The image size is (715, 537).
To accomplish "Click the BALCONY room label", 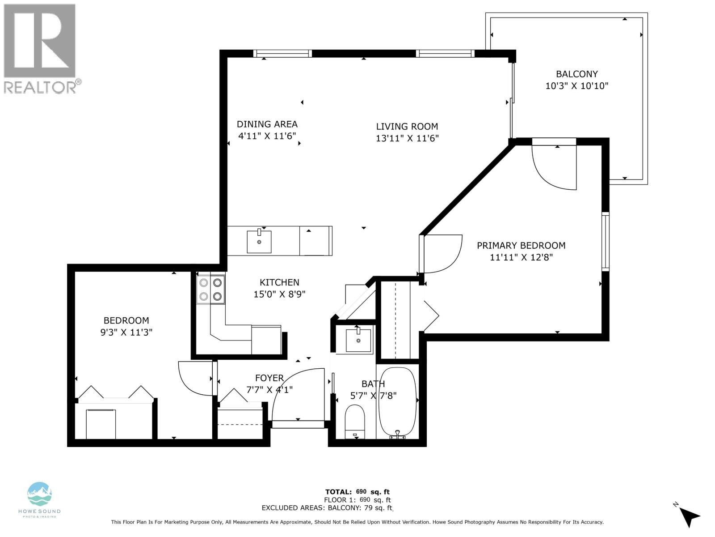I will click(x=576, y=74).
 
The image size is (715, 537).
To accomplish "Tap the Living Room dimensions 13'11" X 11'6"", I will click(x=407, y=138).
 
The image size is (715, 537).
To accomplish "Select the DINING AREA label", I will click(x=267, y=124).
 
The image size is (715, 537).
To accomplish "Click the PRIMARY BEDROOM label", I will click(x=521, y=245).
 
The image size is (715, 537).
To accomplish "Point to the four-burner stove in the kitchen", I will click(x=211, y=289).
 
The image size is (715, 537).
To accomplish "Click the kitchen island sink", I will click(x=259, y=242).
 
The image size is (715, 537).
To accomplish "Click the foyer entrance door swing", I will click(x=297, y=394).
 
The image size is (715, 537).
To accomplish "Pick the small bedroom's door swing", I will click(x=195, y=378).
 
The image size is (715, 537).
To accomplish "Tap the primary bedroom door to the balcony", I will click(x=554, y=166).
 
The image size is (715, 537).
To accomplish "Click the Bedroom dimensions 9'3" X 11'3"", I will click(x=126, y=332).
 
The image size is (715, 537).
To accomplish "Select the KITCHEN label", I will click(x=279, y=282).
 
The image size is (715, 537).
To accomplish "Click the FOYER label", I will click(x=269, y=378).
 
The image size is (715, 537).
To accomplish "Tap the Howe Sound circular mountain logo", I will click(x=40, y=494).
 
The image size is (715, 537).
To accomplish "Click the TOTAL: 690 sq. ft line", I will click(x=357, y=492).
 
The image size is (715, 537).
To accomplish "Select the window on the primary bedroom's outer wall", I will click(x=605, y=242).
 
